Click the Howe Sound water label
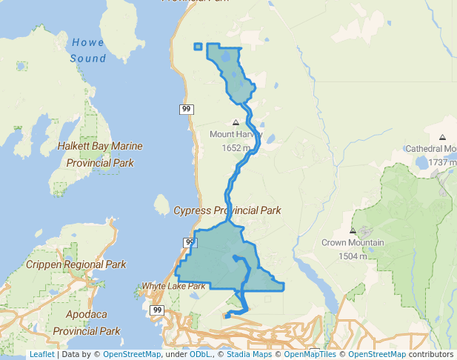(88, 50)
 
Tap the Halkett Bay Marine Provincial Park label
(100, 154)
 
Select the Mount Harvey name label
(236, 135)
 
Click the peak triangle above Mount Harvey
(236, 122)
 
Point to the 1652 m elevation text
(236, 148)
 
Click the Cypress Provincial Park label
(227, 210)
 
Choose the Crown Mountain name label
(353, 243)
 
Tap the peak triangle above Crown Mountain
(353, 230)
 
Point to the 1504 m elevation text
(353, 256)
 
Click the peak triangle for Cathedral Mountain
(442, 137)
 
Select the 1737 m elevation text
(442, 162)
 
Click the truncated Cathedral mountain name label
(430, 149)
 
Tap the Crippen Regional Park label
(76, 264)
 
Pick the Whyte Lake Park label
(173, 286)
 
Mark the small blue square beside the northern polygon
(198, 47)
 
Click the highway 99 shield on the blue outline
(190, 243)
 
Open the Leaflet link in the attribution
(41, 355)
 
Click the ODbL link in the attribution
(199, 355)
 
